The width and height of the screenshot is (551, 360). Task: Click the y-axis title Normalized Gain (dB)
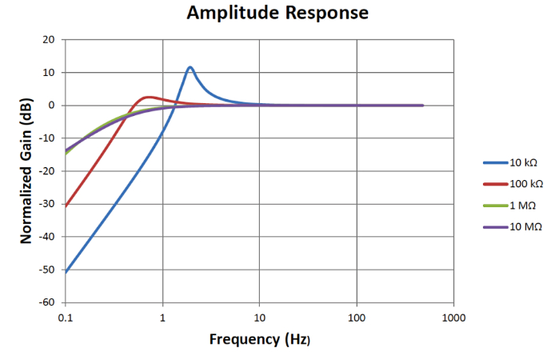[26, 170]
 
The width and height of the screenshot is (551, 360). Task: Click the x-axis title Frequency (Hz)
[259, 339]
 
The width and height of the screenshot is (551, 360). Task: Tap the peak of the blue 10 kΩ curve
[190, 67]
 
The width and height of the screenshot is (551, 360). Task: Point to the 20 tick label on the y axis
[49, 39]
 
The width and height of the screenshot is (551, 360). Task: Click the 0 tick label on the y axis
[51, 105]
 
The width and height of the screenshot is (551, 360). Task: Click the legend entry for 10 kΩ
[524, 163]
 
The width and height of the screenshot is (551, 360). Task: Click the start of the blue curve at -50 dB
[66, 271]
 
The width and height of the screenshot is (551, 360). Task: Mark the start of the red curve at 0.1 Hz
[66, 206]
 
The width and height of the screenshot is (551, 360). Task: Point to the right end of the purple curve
[422, 106]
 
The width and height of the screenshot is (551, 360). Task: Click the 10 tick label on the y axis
[49, 72]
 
